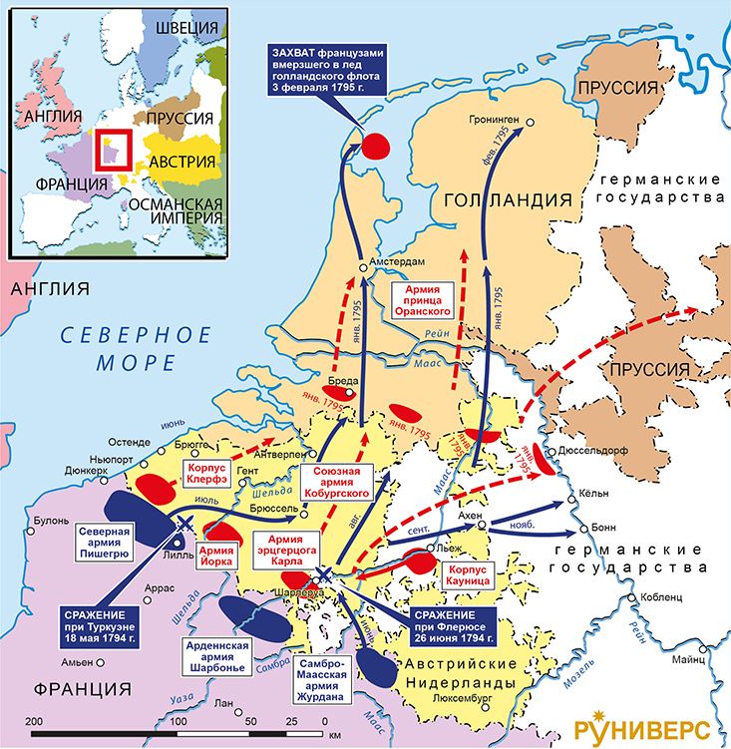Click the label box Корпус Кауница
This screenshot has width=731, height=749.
466,578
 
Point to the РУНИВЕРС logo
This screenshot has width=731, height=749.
649,722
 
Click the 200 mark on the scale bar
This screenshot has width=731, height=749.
32,720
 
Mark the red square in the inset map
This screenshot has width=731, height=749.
108,150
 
